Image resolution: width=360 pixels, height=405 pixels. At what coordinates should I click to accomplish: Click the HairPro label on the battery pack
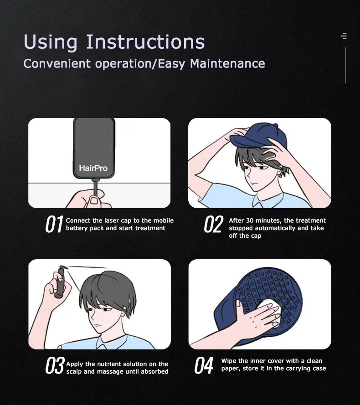pos(93,168)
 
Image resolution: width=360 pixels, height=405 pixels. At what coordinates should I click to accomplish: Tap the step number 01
pos(54,224)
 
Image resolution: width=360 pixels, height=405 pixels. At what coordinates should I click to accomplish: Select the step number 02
pos(214,224)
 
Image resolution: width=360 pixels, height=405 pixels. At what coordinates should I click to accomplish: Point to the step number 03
pos(55,365)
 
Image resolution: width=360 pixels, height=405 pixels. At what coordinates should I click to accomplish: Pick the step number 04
pos(204,365)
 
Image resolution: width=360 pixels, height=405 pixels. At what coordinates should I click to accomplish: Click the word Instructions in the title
pos(145,41)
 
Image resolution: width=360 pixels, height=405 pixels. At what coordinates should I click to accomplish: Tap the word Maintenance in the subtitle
pos(227,63)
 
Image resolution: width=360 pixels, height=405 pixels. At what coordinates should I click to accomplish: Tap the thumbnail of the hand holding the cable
pos(93,200)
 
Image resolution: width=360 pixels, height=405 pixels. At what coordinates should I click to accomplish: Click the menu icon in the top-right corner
pos(344,36)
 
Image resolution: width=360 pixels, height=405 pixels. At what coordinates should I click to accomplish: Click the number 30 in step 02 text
pos(250,220)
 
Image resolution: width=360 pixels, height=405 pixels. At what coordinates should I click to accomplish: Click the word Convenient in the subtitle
pos(57,63)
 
